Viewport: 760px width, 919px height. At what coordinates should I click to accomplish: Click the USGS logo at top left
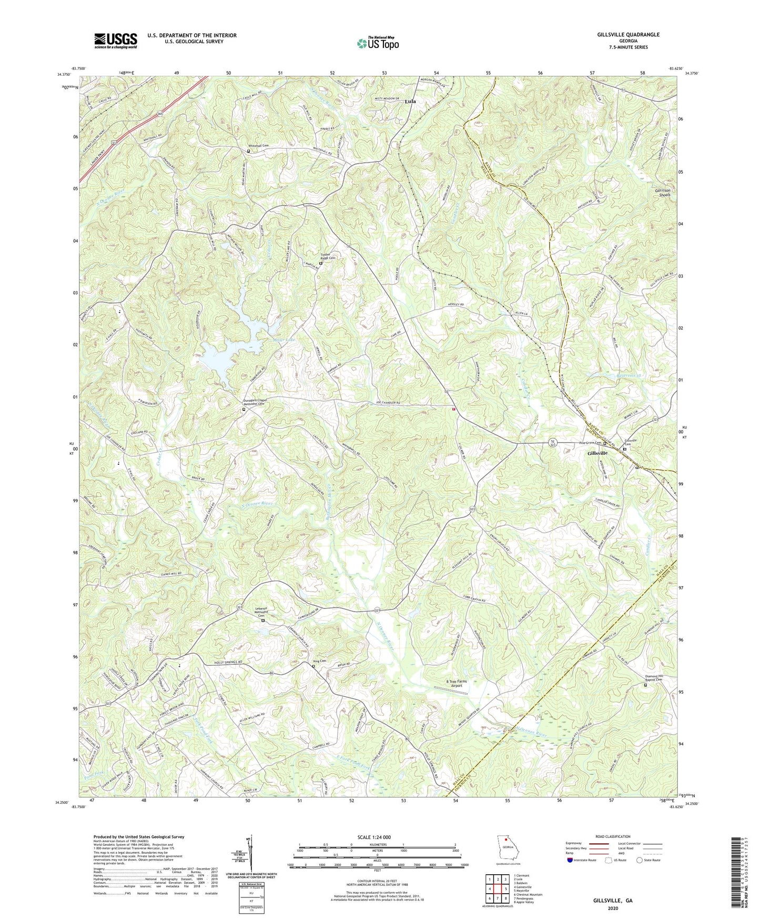[x=116, y=41]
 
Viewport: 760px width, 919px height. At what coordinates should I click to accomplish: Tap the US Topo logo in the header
[x=377, y=43]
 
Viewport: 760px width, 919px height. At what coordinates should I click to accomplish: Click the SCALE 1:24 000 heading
[x=375, y=837]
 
